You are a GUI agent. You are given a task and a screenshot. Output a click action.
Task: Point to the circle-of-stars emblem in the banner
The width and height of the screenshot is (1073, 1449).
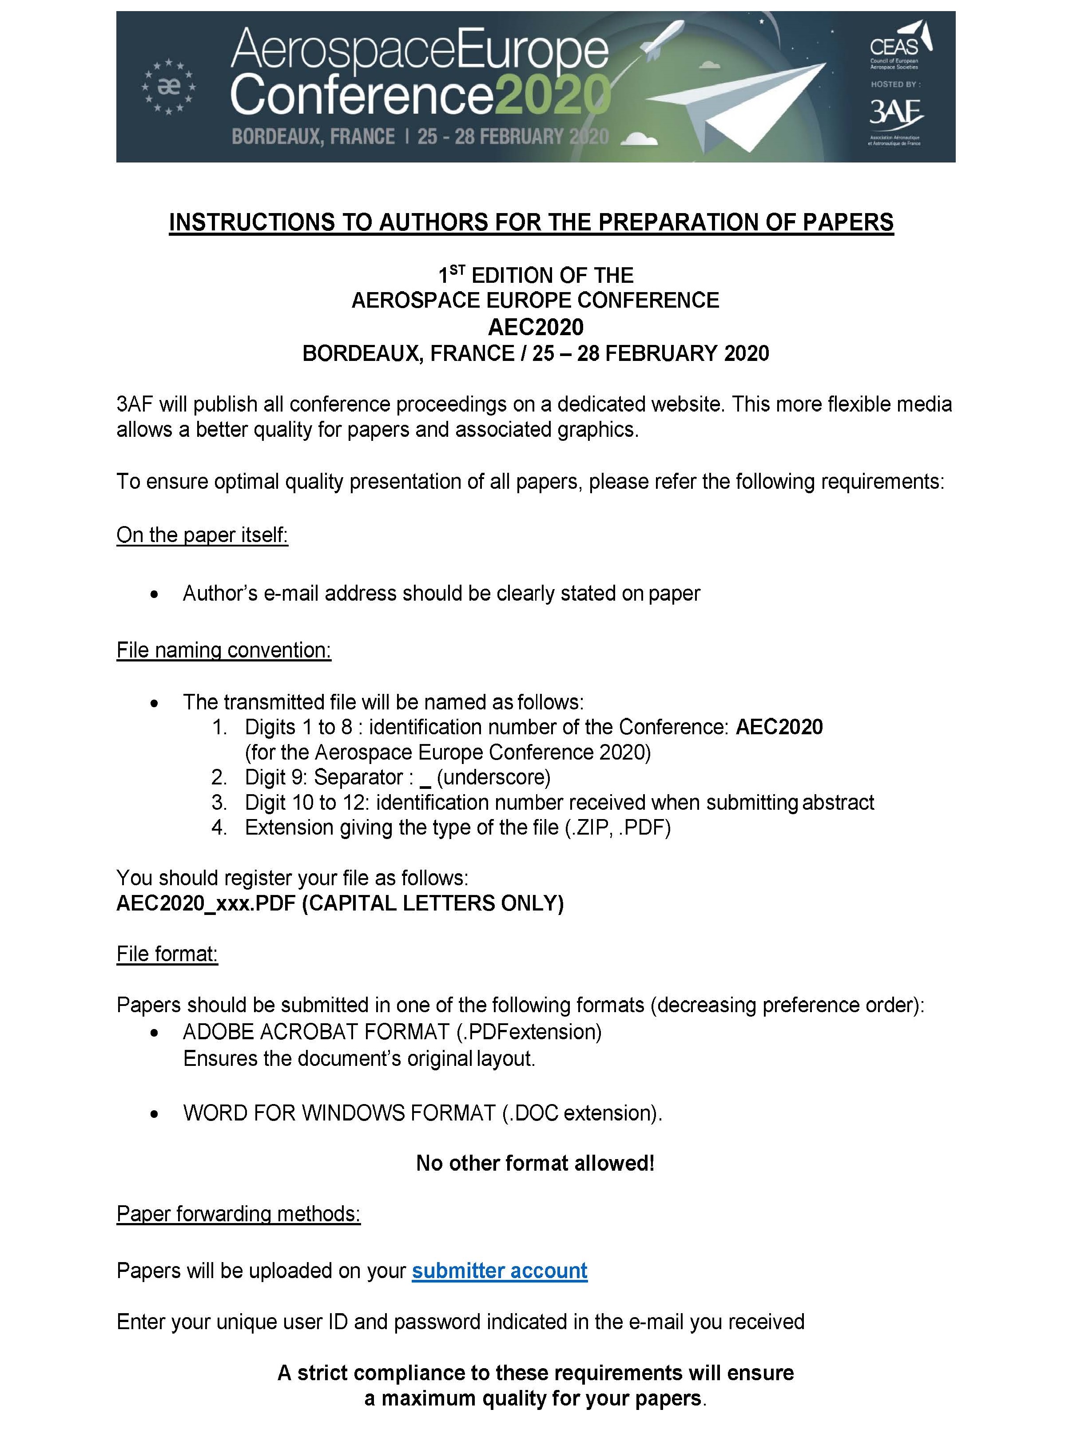[169, 86]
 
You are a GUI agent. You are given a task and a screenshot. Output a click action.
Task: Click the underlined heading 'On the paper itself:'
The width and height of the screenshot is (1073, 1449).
[202, 534]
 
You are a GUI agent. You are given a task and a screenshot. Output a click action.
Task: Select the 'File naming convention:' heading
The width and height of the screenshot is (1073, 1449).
[223, 650]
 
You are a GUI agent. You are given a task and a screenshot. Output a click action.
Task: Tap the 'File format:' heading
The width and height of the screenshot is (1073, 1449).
[167, 954]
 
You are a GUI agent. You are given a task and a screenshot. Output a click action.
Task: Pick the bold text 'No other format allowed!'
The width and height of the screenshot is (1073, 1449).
[535, 1163]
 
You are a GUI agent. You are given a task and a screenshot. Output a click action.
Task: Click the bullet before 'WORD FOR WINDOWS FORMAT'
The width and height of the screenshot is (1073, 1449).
[154, 1114]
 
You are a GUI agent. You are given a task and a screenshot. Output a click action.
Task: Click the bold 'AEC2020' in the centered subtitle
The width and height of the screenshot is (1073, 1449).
[536, 327]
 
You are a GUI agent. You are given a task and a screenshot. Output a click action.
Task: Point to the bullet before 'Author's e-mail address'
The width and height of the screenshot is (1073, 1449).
[154, 594]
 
